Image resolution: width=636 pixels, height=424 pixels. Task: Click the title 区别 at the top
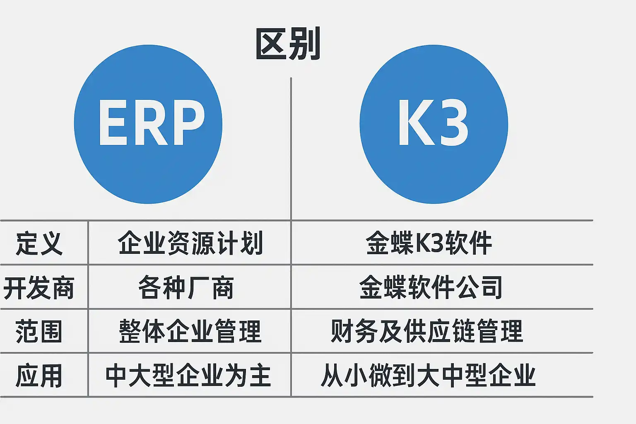(288, 44)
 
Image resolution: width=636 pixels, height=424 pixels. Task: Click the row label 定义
(39, 243)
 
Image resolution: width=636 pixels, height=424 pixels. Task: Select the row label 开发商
(39, 287)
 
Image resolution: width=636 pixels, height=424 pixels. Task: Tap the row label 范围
(39, 331)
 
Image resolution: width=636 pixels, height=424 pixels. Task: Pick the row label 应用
(39, 376)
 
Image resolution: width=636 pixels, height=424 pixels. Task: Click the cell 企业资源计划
(190, 243)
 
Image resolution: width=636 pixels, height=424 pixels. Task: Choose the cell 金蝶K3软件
(429, 243)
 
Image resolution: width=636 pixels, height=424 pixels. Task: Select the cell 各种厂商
(186, 287)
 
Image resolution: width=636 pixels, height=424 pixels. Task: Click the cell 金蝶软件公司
(431, 287)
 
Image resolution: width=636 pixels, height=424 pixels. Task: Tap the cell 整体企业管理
(190, 331)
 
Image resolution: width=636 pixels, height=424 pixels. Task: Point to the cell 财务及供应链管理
(427, 331)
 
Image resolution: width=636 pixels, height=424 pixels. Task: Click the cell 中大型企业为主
(188, 376)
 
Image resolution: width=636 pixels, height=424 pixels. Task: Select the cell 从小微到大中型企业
(428, 376)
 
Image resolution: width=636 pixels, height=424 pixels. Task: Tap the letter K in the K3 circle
(415, 123)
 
